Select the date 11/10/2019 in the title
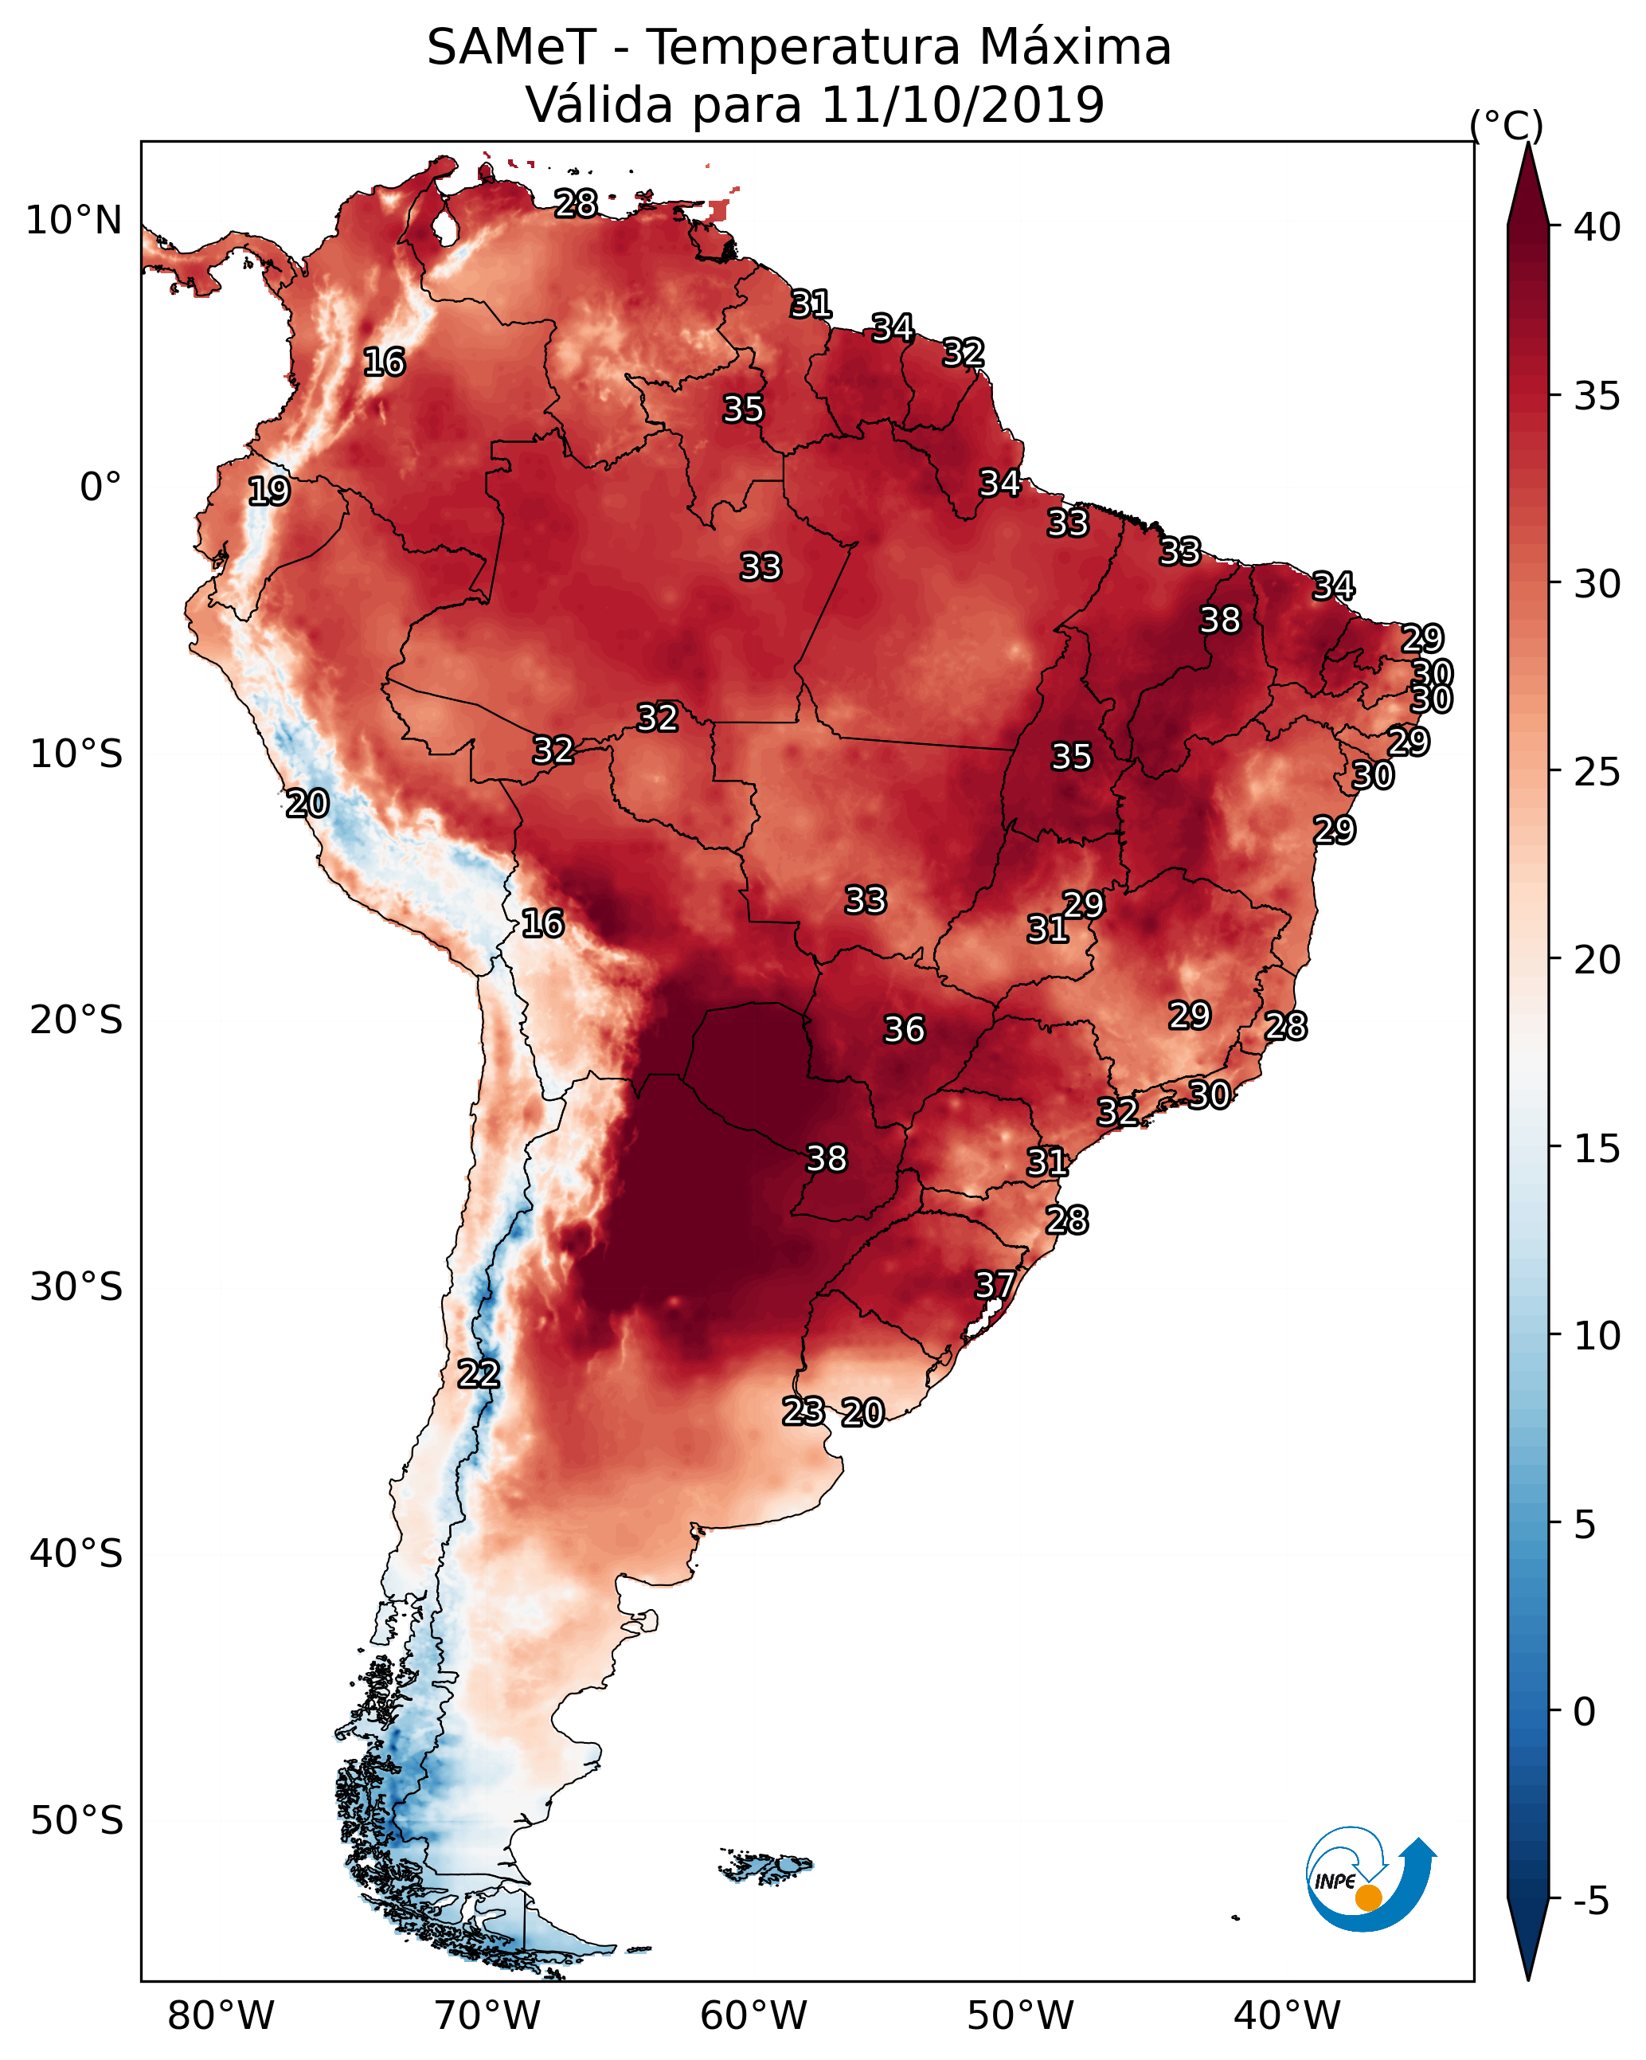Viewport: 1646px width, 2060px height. click(x=962, y=105)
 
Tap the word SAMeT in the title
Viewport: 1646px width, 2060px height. click(x=511, y=48)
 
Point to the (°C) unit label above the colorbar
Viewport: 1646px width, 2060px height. click(x=1506, y=125)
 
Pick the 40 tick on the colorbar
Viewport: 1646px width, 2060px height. click(x=1597, y=227)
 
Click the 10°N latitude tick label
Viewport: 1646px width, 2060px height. click(x=73, y=221)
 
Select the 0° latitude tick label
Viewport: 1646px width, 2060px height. click(x=101, y=488)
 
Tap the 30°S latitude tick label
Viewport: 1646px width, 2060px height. click(x=76, y=1288)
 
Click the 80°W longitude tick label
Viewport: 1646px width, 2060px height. click(x=221, y=2016)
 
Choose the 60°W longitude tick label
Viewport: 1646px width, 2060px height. click(x=754, y=2016)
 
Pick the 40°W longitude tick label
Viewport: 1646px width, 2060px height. click(x=1287, y=2016)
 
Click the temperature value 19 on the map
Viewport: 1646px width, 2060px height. click(x=268, y=492)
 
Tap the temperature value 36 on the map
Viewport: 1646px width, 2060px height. click(x=904, y=1030)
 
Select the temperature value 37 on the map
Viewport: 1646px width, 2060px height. click(x=995, y=1285)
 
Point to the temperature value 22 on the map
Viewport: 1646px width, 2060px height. click(x=478, y=1374)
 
